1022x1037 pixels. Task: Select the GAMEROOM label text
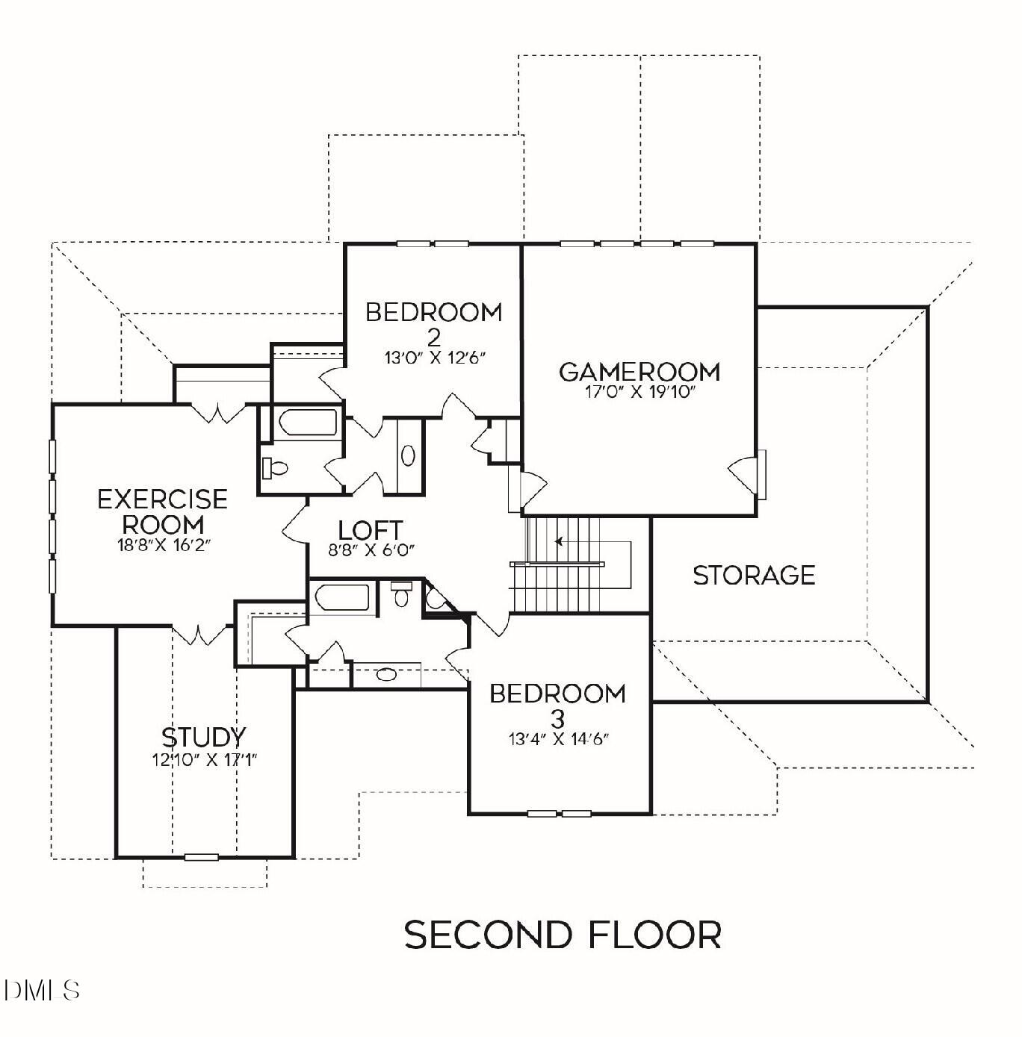point(639,371)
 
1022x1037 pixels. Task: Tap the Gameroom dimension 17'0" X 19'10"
point(639,392)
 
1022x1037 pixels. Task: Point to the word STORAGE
point(754,576)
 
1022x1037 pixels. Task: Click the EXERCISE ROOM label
point(163,511)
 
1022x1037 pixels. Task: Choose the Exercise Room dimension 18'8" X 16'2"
point(163,545)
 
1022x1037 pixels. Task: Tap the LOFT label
point(371,530)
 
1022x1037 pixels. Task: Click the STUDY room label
point(203,738)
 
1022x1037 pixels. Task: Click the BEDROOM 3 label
point(558,705)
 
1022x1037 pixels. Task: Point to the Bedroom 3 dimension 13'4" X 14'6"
point(559,740)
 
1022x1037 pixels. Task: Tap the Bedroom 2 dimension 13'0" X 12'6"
point(435,358)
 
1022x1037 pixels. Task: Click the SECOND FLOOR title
point(563,935)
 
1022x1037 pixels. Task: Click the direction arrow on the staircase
point(558,541)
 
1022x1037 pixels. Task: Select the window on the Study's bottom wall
point(202,856)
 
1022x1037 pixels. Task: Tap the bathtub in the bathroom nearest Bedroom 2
point(308,423)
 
